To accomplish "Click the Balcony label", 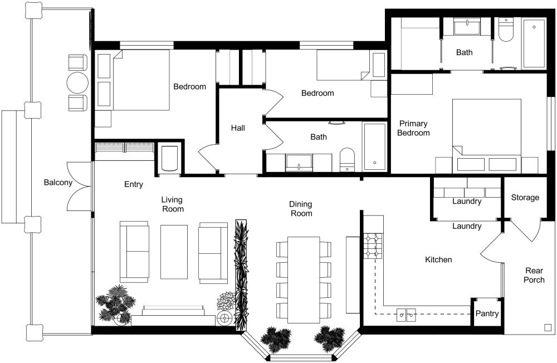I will [x=58, y=183].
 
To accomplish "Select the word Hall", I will [x=238, y=128].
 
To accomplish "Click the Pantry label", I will [x=487, y=314].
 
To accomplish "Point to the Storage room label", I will [x=525, y=198].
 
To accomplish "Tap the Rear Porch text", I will [x=533, y=275].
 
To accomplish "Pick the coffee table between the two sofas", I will [x=174, y=251].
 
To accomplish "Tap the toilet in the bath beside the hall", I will [x=347, y=159].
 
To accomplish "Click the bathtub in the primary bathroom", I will [x=534, y=44].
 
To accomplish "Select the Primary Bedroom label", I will [x=414, y=129].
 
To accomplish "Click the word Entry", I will [x=134, y=184].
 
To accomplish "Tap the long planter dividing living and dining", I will [x=242, y=273].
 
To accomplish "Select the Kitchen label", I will [x=438, y=259].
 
